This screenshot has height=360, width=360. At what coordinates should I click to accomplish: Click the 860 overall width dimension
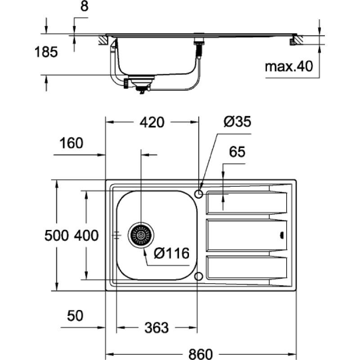[x=200, y=354]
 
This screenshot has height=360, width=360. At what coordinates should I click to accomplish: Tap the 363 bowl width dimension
[x=157, y=328]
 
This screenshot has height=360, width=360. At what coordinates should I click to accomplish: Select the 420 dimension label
[x=152, y=122]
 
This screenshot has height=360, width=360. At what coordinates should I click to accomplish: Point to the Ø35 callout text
[x=237, y=121]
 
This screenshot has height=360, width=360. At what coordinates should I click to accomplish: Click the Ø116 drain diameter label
[x=172, y=253]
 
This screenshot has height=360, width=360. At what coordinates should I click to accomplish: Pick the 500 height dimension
[x=57, y=235]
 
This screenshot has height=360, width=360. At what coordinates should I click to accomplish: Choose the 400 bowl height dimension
[x=86, y=235]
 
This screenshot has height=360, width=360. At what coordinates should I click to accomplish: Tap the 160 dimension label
[x=71, y=143]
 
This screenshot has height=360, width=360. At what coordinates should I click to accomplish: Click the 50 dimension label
[x=75, y=316]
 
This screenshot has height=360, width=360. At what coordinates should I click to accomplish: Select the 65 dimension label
[x=237, y=152]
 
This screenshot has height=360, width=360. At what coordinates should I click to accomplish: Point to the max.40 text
[x=289, y=67]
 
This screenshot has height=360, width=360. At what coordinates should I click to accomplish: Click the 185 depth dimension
[x=46, y=52]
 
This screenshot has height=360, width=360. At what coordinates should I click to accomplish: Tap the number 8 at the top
[x=84, y=6]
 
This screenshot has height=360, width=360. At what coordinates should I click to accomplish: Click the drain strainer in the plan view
[x=141, y=235]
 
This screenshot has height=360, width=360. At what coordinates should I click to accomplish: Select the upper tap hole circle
[x=198, y=194]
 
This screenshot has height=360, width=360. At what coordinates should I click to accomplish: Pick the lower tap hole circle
[x=198, y=276]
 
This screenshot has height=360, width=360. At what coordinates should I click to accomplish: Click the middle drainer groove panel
[x=247, y=235]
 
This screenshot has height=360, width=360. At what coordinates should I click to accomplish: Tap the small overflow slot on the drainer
[x=282, y=235]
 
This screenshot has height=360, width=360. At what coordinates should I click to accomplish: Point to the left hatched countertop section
[x=103, y=40]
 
